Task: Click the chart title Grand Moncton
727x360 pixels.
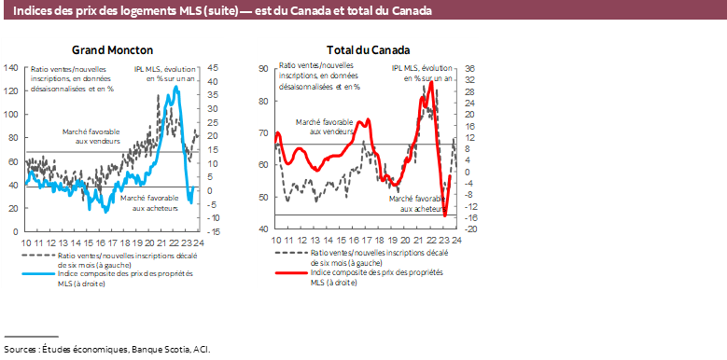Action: [x=112, y=49]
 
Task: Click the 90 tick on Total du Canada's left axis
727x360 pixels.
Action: [x=264, y=68]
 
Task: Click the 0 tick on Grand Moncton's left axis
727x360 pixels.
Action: [x=16, y=230]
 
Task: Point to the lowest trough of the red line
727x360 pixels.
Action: [x=445, y=216]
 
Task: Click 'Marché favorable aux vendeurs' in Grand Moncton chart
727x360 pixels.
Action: [x=92, y=136]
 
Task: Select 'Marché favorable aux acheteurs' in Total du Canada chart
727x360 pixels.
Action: [x=414, y=204]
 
